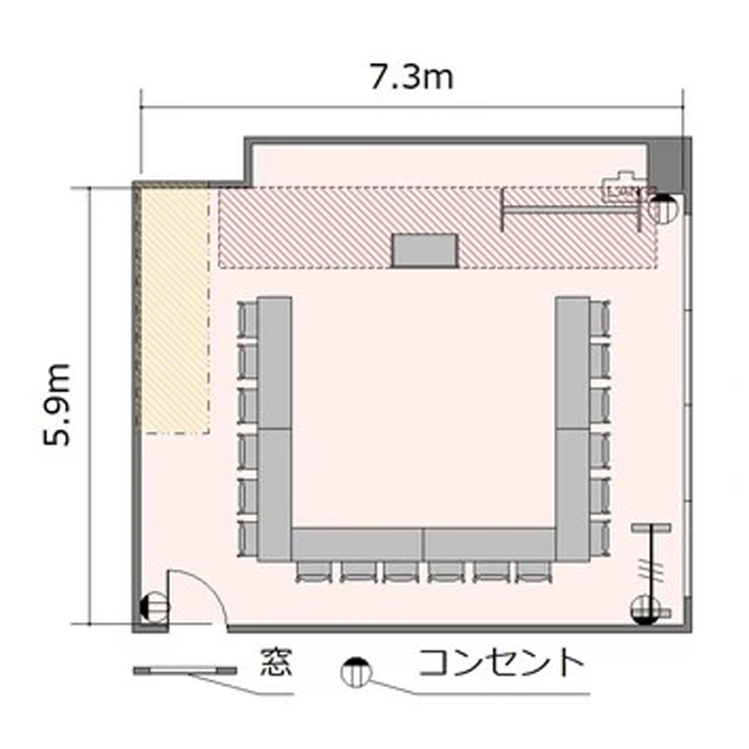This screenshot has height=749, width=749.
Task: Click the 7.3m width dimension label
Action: tap(411, 77)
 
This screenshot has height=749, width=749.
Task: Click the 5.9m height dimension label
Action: tap(57, 404)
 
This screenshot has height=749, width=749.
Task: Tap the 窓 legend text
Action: tap(277, 662)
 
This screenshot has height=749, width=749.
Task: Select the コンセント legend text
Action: tap(501, 662)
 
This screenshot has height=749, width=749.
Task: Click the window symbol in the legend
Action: tap(185, 671)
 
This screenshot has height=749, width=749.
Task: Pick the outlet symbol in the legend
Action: tap(356, 672)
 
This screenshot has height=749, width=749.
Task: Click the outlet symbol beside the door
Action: tap(155, 607)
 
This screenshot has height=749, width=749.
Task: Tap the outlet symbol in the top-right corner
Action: tap(664, 210)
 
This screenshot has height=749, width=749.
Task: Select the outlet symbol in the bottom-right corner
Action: tap(645, 610)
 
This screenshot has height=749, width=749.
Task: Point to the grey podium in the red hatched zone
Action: tap(424, 250)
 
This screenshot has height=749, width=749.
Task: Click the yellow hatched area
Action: tap(176, 311)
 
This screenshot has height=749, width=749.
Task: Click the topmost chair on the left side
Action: tap(248, 320)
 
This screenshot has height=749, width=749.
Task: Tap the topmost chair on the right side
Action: tap(600, 320)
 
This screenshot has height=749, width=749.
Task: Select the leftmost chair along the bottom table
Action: tap(314, 572)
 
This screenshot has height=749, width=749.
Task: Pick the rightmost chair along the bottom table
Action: tap(534, 572)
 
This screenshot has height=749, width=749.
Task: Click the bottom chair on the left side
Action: tap(248, 539)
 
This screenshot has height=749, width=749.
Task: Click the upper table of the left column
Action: tap(275, 364)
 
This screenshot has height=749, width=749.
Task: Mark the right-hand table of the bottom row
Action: tap(489, 544)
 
